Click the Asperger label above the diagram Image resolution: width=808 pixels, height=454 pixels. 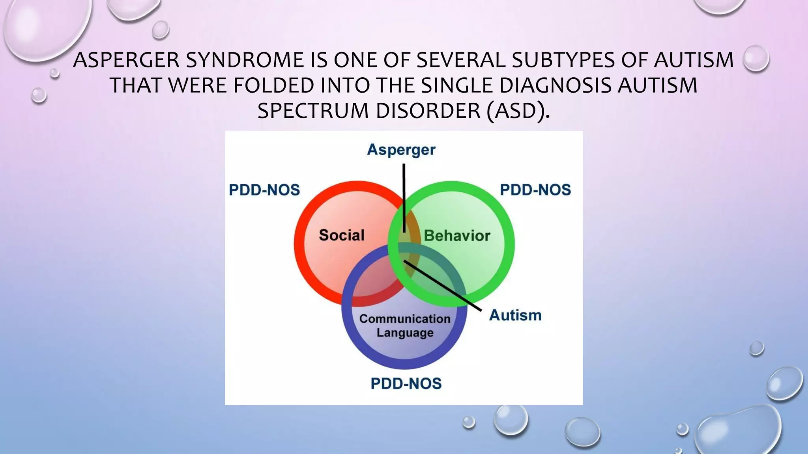pos(401,150)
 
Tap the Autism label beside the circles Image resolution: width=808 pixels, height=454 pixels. pos(515,315)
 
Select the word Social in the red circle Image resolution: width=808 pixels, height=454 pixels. pos(342,235)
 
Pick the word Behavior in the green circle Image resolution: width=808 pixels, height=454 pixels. pos(457,236)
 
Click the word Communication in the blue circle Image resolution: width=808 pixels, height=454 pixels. pos(405,318)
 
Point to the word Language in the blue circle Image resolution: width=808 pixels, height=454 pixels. pos(405,333)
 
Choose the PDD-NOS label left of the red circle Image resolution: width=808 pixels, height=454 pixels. pos(264,190)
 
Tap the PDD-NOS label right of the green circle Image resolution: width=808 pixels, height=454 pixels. pos(535,190)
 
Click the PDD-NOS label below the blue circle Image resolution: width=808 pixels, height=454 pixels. pos(406,383)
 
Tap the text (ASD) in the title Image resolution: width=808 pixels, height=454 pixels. pos(518,111)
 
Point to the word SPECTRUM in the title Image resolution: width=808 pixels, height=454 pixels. pos(314,111)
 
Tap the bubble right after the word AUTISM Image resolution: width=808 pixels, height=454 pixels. pos(756,58)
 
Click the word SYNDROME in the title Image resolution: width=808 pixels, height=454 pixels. pos(245,60)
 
